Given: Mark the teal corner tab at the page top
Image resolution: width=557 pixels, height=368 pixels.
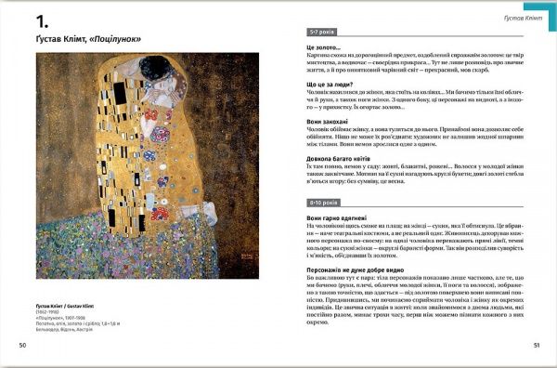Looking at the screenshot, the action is (549, 5).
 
